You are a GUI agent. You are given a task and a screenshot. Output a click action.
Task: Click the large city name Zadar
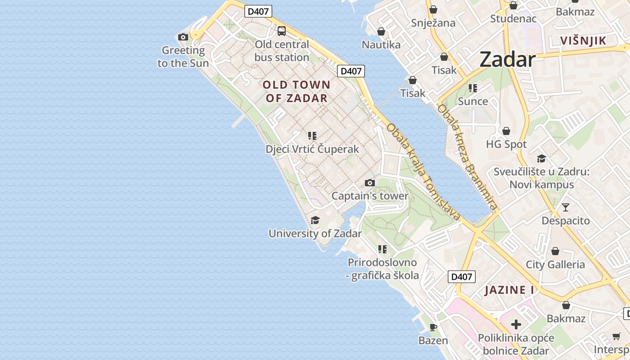point(507,59)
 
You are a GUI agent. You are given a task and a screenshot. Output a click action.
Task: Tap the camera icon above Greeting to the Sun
point(183,37)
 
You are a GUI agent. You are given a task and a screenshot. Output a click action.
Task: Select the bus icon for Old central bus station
point(282,31)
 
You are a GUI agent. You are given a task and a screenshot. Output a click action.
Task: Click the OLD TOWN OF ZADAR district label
point(297,91)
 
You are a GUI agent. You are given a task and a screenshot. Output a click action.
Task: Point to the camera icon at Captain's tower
point(370,183)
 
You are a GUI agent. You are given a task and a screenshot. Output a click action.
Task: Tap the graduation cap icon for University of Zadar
point(315,220)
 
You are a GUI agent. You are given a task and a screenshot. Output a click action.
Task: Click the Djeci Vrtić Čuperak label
point(312,149)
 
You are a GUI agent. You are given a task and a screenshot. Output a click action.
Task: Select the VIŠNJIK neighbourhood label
point(583,40)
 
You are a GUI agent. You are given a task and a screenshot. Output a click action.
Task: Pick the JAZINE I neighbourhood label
point(509,290)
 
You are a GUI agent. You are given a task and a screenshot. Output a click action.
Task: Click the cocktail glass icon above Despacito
point(566,207)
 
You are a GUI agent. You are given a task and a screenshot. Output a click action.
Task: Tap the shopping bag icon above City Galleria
point(555,251)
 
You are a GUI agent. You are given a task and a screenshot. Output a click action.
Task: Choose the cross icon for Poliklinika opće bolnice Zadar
point(516,324)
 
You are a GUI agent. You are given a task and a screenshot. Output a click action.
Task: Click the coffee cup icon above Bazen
point(433,327)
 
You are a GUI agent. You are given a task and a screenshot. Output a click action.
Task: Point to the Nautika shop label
point(381,45)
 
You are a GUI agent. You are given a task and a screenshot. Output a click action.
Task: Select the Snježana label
point(433,23)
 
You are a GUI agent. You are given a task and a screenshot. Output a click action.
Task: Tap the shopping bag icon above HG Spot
point(506,131)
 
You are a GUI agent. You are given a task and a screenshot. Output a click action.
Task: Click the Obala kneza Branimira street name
point(468,157)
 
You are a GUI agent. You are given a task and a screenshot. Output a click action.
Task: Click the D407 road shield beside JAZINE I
point(462,277)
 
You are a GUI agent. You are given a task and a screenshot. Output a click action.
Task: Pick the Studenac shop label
point(513,18)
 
